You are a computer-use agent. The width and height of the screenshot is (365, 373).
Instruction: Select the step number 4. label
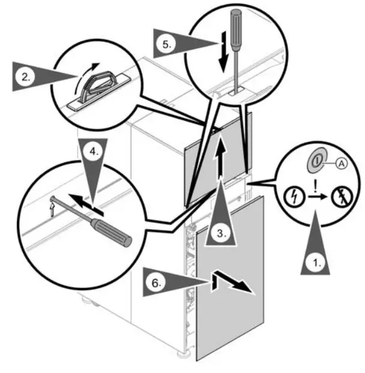(x=93, y=152)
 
